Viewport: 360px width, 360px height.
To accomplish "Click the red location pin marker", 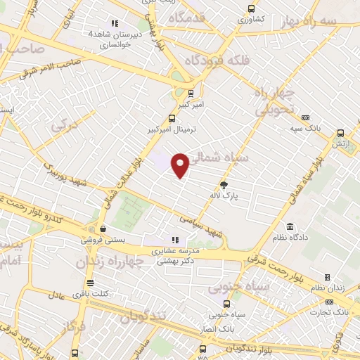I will [181, 165].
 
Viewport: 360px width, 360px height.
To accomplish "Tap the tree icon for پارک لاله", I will [224, 185].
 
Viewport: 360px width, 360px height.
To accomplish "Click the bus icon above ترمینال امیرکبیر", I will [172, 119].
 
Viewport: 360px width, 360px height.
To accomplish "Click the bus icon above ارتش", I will [341, 132].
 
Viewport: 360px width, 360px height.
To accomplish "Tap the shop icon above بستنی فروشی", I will [103, 229].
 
